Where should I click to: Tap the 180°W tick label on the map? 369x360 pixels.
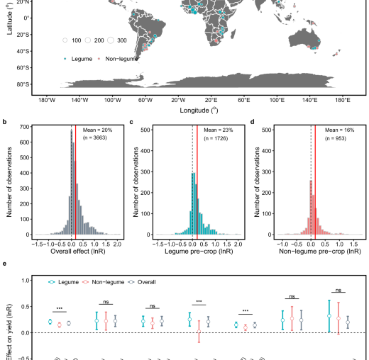48,99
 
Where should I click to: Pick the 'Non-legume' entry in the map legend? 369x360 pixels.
120,59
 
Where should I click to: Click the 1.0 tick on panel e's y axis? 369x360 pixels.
24,280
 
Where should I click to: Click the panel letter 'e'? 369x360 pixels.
6,264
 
